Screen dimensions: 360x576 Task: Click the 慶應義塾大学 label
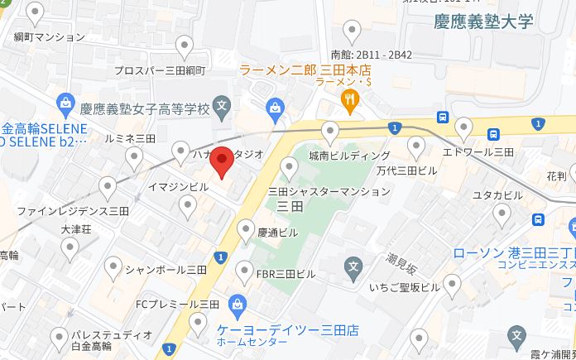tap(483, 23)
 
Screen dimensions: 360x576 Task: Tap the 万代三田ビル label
tap(406, 170)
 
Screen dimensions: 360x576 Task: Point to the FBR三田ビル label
tap(286, 273)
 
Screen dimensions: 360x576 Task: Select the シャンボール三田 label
tap(166, 269)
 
